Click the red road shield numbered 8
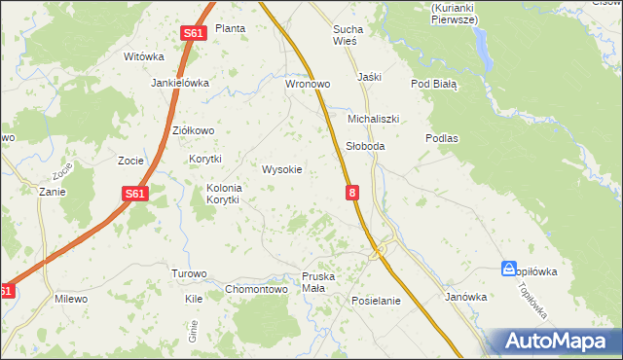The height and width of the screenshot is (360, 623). pyautogui.click(x=351, y=195)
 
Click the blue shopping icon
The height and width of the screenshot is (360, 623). pyautogui.click(x=509, y=268)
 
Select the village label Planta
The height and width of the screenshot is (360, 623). pyautogui.click(x=230, y=28)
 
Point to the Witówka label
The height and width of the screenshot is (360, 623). pyautogui.click(x=143, y=56)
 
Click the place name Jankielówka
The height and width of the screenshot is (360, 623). pyautogui.click(x=180, y=83)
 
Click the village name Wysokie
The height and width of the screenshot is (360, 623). pyautogui.click(x=282, y=169)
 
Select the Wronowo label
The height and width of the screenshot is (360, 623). pyautogui.click(x=308, y=85)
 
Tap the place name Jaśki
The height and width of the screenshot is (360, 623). pyautogui.click(x=369, y=77)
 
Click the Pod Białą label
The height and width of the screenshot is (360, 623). pyautogui.click(x=433, y=85)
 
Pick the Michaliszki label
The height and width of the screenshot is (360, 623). pyautogui.click(x=374, y=119)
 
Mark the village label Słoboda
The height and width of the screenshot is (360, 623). pyautogui.click(x=365, y=146)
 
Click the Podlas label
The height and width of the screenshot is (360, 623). pyautogui.click(x=441, y=138)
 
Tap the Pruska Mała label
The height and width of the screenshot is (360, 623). pyautogui.click(x=318, y=283)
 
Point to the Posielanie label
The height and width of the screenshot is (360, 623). pyautogui.click(x=376, y=301)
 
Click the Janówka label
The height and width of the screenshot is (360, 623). pyautogui.click(x=465, y=297)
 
